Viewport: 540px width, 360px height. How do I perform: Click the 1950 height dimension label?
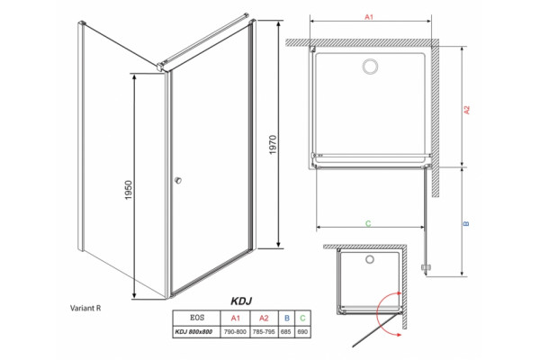(x=129, y=190)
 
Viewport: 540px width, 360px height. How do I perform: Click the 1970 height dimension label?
(x=273, y=145)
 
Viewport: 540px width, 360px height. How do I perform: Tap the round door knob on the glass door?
(x=177, y=180)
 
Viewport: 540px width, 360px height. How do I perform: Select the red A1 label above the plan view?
(x=369, y=16)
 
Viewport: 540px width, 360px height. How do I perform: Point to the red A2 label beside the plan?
(x=466, y=110)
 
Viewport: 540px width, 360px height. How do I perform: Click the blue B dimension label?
(x=466, y=223)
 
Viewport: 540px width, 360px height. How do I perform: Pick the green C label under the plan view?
(x=368, y=223)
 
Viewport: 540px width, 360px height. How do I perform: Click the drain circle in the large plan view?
(x=371, y=67)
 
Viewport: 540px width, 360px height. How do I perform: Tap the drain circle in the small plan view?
(x=370, y=259)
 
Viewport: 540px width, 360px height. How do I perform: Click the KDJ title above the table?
(x=241, y=301)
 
